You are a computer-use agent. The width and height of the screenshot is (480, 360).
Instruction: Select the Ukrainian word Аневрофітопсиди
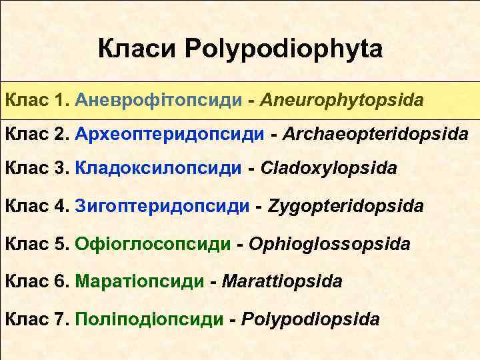tap(158, 101)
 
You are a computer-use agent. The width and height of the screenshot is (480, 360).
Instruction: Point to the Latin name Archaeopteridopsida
tap(375, 134)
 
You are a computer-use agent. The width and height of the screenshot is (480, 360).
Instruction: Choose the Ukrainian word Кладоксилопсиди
tap(158, 169)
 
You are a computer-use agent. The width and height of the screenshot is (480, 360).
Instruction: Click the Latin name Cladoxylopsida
tap(330, 169)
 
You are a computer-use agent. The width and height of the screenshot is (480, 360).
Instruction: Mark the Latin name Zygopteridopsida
tap(345, 206)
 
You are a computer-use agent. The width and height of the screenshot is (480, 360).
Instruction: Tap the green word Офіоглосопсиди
tap(153, 244)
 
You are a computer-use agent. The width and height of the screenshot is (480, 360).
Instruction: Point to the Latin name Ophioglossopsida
tap(329, 244)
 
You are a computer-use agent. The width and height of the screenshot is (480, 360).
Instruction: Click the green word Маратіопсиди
tap(140, 281)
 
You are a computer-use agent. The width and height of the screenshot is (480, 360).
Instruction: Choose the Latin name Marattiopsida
tap(282, 281)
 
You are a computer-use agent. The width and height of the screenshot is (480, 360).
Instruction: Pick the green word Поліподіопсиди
tap(150, 319)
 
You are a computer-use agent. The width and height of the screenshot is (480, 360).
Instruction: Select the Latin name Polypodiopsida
tap(311, 319)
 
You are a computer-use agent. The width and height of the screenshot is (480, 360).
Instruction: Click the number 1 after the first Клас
tap(62, 101)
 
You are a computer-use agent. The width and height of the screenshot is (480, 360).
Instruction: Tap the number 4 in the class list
tap(62, 206)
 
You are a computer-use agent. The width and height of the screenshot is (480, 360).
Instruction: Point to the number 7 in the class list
tap(62, 319)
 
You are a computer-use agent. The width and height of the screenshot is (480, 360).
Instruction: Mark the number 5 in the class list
tap(62, 244)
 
